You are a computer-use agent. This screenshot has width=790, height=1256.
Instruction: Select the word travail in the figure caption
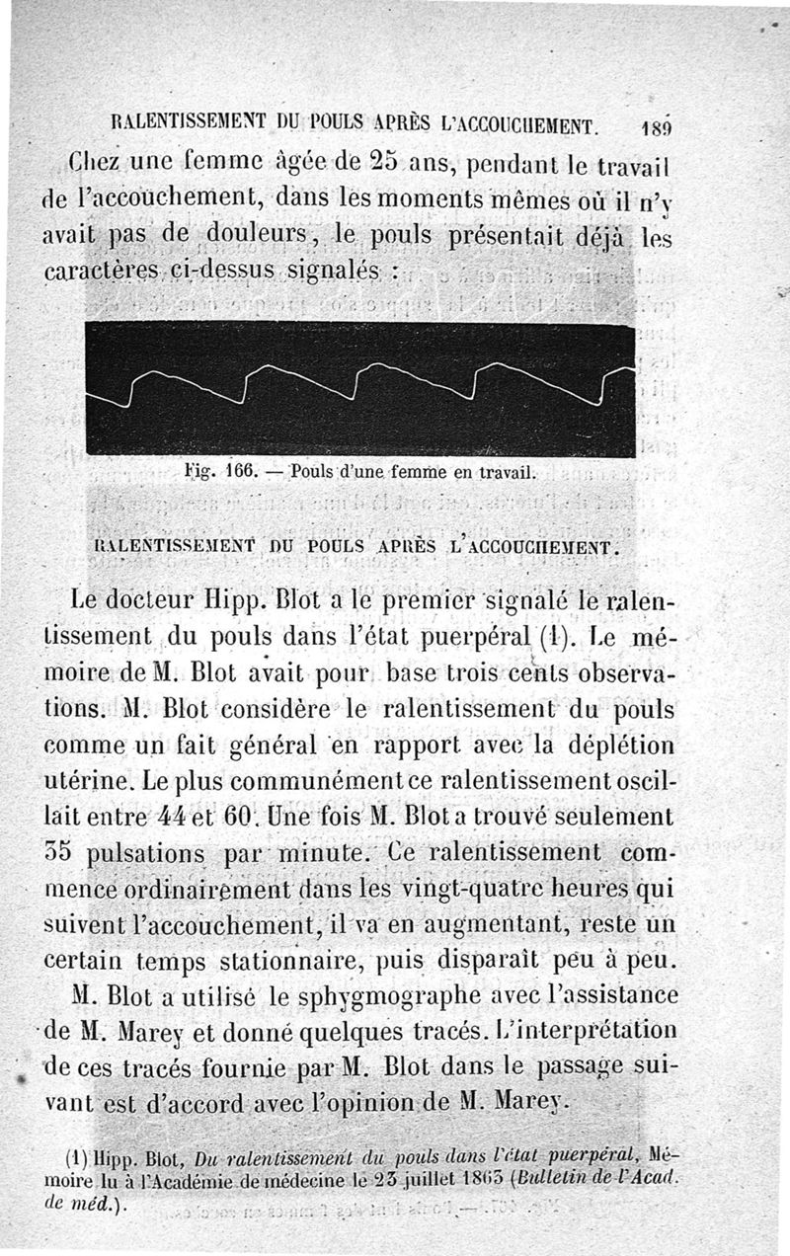[503, 472]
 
